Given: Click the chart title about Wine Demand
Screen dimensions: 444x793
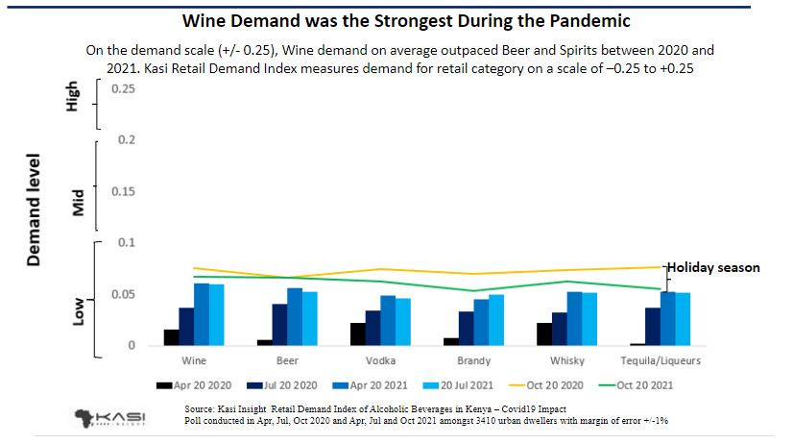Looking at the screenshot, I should click(x=396, y=20).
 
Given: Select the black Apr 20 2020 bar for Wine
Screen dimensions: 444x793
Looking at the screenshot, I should click(x=171, y=337).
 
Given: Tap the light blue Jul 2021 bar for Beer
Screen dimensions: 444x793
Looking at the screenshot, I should click(x=310, y=318).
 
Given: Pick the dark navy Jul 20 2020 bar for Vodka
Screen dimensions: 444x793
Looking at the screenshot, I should click(x=372, y=328).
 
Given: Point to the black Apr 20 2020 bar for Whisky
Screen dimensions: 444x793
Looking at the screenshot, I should click(x=543, y=334).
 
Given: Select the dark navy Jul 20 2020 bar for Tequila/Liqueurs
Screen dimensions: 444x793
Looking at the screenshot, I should click(x=652, y=326).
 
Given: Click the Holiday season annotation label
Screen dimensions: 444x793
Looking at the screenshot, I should click(x=713, y=268).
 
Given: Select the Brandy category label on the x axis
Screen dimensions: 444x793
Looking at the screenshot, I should click(x=475, y=361).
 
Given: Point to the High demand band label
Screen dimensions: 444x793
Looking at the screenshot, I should click(x=72, y=100).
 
